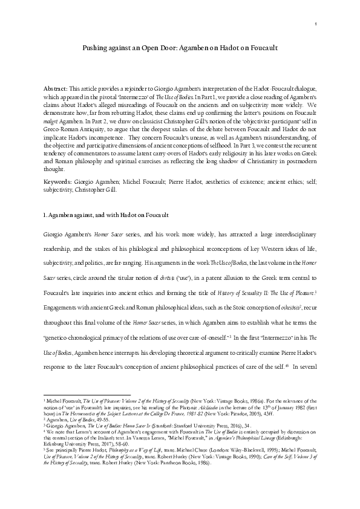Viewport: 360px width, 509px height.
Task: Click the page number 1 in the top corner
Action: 316,24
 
